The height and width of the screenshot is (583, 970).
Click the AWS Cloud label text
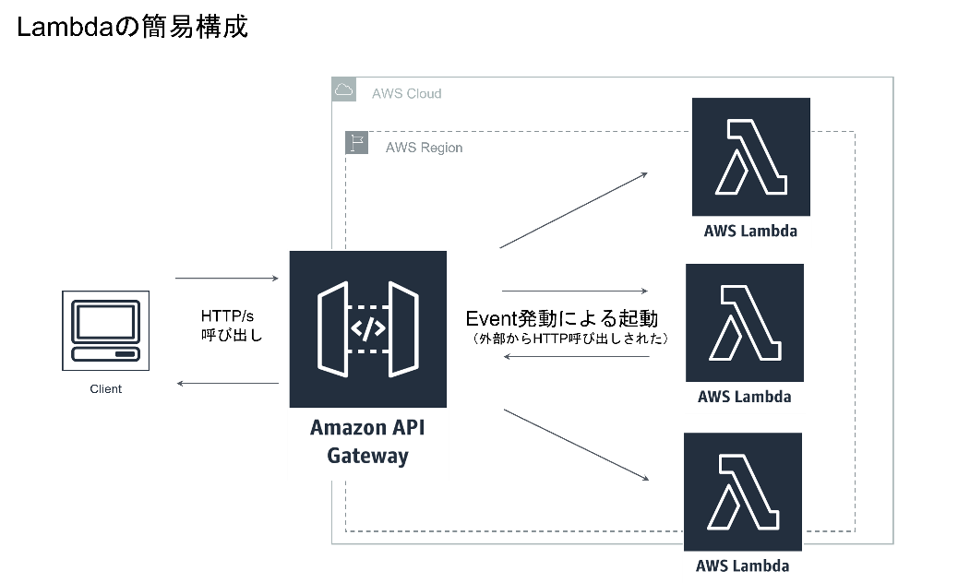tap(406, 94)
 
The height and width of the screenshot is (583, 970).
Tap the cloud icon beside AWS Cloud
tap(344, 89)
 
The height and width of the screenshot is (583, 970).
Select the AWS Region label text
tap(424, 148)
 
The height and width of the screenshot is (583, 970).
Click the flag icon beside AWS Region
tap(357, 142)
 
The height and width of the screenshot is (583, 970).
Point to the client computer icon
tap(105, 330)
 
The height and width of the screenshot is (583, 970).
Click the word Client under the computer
tap(105, 389)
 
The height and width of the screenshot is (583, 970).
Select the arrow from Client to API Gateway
tap(226, 278)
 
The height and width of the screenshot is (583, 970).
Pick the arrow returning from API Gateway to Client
tap(227, 383)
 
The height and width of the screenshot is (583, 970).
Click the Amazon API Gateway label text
tap(367, 442)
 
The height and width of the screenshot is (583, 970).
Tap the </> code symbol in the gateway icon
tap(368, 329)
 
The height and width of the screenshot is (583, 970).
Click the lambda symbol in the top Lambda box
tap(750, 157)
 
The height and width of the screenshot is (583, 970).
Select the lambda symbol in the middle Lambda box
tap(744, 323)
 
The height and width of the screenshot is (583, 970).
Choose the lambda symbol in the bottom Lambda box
tap(742, 492)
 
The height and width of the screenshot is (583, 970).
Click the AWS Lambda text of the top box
tap(750, 232)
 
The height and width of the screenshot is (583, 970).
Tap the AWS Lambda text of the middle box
tap(744, 398)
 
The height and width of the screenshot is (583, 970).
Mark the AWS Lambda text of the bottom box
tap(742, 565)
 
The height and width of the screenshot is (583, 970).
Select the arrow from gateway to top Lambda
tap(573, 210)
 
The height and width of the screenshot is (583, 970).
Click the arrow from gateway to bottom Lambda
tap(576, 445)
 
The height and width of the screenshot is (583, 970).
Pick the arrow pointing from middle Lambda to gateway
tap(576, 356)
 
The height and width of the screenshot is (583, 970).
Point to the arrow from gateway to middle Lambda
tap(575, 291)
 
